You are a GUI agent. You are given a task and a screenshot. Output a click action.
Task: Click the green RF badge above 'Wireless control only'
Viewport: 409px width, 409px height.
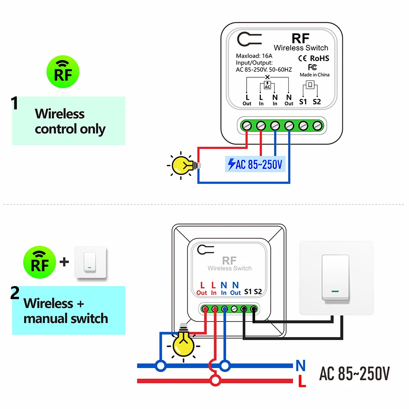coord(63,72)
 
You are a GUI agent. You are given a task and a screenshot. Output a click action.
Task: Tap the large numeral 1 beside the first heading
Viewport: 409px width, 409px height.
coord(15,103)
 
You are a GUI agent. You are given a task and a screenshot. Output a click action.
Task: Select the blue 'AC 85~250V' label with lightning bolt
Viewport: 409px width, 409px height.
coord(255,164)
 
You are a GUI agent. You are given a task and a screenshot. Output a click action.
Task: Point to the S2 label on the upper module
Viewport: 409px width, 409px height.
coord(317,102)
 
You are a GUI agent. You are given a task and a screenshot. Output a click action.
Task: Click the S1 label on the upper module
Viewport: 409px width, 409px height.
coord(303,102)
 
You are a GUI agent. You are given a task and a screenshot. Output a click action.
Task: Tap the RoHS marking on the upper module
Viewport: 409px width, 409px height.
coord(319,58)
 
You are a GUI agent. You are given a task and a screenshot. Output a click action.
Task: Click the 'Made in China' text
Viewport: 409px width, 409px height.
coord(315,75)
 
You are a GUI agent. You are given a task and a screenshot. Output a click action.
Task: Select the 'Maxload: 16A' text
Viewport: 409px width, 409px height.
coord(254,56)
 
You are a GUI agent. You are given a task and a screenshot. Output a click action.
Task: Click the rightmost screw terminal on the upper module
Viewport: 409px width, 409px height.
coord(317,126)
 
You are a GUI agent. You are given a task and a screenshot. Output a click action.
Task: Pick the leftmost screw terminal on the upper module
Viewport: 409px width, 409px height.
coord(247,126)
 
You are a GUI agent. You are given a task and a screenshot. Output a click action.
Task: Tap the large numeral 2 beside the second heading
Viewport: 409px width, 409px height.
coord(15,293)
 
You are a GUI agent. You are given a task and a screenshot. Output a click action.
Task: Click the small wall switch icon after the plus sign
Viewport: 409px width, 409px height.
coord(90,262)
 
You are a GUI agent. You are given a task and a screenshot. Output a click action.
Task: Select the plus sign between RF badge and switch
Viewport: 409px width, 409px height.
coord(64,262)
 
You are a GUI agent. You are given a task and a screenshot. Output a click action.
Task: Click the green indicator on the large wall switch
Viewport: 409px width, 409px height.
coord(335,291)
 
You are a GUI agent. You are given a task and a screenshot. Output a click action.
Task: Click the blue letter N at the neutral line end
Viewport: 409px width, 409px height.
coord(301,366)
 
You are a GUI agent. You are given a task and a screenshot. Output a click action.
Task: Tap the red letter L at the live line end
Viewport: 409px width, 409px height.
coord(302,381)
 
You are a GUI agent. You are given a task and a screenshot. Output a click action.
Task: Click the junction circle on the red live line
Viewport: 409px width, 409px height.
coord(216,381)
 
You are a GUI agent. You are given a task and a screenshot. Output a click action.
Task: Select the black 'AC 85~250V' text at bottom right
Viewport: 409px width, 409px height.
coord(355,373)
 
